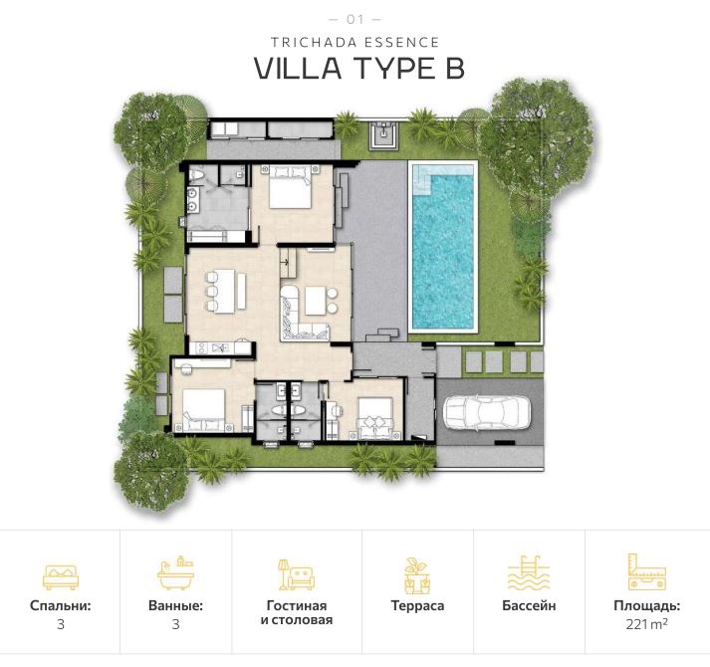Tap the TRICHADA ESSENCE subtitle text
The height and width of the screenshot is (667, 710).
click(355, 42)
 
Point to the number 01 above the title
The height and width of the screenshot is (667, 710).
click(355, 19)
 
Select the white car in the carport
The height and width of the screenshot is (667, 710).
click(487, 410)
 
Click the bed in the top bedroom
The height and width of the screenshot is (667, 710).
click(290, 186)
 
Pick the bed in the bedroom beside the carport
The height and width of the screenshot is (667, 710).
click(376, 416)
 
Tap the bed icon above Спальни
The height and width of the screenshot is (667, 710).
click(60, 575)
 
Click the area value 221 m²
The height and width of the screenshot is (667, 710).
click(646, 624)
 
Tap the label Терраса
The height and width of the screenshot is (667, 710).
click(417, 605)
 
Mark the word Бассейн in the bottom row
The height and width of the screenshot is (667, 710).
click(529, 605)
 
